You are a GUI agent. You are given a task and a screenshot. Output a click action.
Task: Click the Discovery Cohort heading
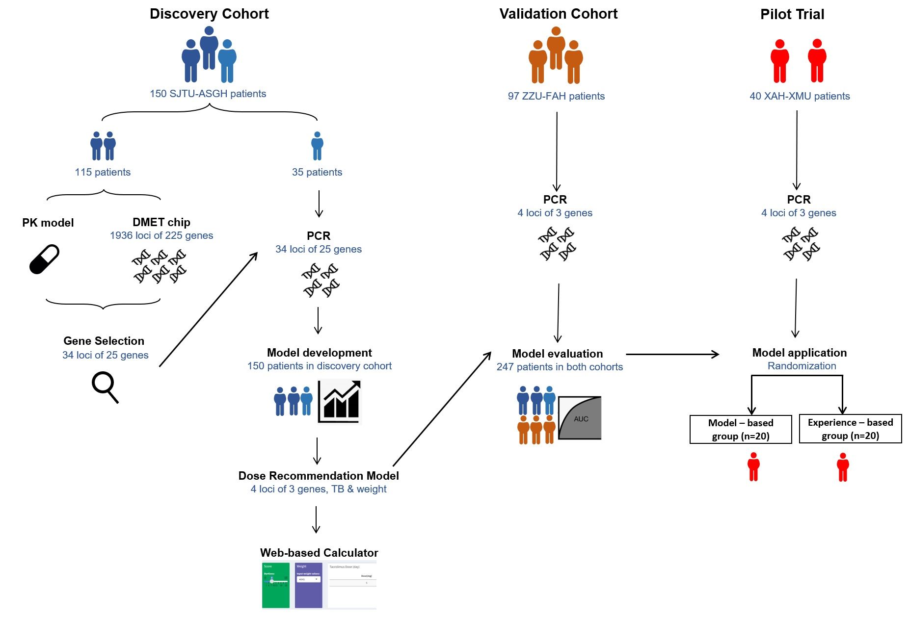pyautogui.click(x=209, y=14)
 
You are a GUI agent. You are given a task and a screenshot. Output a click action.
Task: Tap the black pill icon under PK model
pyautogui.click(x=44, y=259)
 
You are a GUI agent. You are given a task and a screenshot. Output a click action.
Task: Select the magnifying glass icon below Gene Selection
pyautogui.click(x=105, y=387)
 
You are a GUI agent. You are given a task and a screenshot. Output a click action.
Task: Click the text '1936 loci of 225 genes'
pyautogui.click(x=161, y=235)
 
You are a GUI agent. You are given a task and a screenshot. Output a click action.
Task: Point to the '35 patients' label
pyautogui.click(x=317, y=172)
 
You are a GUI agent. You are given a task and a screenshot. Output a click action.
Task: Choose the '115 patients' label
pyautogui.click(x=103, y=172)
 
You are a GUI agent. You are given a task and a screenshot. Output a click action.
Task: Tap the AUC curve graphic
pyautogui.click(x=580, y=417)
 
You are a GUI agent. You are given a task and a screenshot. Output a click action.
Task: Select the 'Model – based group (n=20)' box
pyautogui.click(x=741, y=429)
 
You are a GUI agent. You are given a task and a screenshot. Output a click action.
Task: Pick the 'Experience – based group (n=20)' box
pyautogui.click(x=850, y=429)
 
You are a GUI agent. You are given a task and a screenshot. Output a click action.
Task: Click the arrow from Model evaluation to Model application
pyautogui.click(x=672, y=354)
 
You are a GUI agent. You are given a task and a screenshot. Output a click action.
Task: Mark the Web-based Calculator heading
pyautogui.click(x=319, y=553)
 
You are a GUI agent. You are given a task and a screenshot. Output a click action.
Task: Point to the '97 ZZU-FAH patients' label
pyautogui.click(x=556, y=96)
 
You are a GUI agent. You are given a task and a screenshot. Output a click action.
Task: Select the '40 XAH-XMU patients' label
pyautogui.click(x=800, y=96)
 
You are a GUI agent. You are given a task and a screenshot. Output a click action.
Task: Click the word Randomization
pyautogui.click(x=802, y=366)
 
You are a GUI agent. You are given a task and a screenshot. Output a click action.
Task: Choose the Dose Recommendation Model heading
pyautogui.click(x=319, y=476)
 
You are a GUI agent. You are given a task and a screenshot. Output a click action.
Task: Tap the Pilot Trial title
pyautogui.click(x=792, y=14)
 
